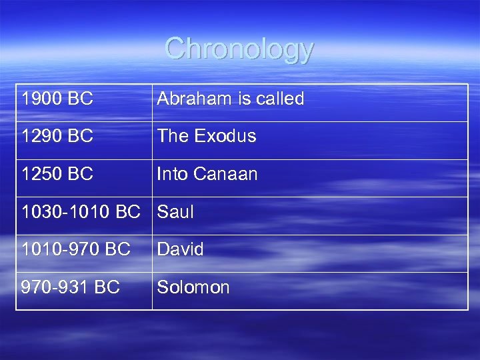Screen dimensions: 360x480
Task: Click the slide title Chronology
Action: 239,49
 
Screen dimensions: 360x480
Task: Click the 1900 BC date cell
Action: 57,99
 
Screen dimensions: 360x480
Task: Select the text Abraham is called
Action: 230,99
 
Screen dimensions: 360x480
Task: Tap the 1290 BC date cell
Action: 57,137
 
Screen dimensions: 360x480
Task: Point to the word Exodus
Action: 225,137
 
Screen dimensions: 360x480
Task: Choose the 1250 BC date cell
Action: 57,175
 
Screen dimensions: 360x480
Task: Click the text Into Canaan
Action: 207,175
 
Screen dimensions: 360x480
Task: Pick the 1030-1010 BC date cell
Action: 81,213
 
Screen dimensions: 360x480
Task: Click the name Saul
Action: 175,213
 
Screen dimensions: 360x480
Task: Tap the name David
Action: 180,250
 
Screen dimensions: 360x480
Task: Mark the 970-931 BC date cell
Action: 71,288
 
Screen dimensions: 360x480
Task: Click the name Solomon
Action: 193,288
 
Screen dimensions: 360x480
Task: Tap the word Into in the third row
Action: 170,175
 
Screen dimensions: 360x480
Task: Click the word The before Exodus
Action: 173,137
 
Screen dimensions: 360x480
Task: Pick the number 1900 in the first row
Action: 43,99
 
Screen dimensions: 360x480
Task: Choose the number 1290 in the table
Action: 43,137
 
